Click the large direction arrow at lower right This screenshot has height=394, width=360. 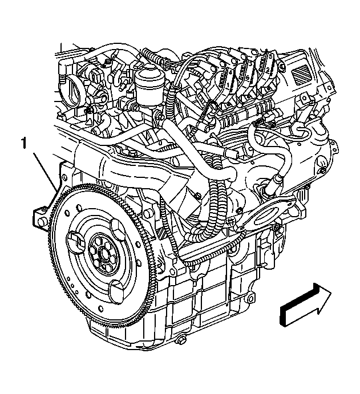pos(305,305)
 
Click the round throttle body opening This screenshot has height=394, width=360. pos(74,88)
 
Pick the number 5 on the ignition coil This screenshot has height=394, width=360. pos(270,56)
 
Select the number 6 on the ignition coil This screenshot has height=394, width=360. pos(248,78)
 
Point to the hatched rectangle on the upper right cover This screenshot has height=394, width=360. pos(300,74)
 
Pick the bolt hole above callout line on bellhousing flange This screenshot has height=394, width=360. pos(65,178)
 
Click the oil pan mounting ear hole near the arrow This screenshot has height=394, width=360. pos(250,299)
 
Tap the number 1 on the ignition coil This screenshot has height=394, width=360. pos(228,86)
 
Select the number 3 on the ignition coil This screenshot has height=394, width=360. pos(250,63)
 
